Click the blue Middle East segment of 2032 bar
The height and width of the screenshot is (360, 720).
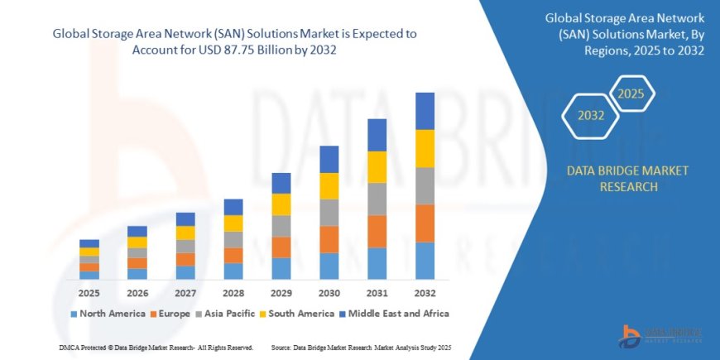coord(425,111)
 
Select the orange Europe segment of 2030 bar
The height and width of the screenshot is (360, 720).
coord(329,239)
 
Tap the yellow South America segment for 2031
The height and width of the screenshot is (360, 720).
coord(377,167)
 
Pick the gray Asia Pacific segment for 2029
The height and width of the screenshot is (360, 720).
coord(281,226)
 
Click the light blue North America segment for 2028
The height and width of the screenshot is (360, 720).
coord(233,271)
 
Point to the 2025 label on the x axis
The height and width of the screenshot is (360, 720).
coord(89,293)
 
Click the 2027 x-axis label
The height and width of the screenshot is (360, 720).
coord(185,293)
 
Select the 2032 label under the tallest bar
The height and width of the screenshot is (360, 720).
coord(425,293)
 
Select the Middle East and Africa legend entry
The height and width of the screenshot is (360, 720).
coord(392,314)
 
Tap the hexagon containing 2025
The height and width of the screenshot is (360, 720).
coord(631,93)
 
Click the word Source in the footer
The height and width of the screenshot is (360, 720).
coord(283,346)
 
